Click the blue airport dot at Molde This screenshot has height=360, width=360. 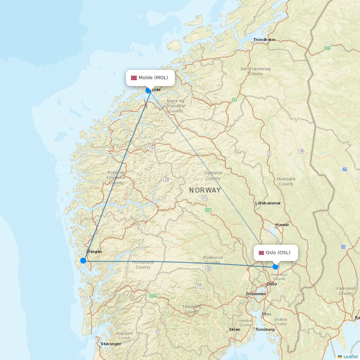click(148, 90)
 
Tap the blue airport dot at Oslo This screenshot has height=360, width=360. click(275, 267)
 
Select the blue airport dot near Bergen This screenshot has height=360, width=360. click(83, 261)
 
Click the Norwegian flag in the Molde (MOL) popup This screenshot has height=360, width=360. click(134, 78)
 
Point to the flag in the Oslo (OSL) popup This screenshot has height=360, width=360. click(261, 253)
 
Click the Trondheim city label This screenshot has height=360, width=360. click(264, 40)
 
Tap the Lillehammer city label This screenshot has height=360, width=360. click(268, 203)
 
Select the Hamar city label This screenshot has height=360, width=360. click(282, 225)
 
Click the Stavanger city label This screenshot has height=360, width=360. click(111, 344)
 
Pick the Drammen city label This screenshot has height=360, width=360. click(256, 294)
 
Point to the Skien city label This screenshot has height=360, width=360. click(235, 329)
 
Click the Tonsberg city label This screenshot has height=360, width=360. click(265, 329)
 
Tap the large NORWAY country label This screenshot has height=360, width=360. click(205, 190)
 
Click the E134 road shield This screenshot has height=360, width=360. click(153, 296)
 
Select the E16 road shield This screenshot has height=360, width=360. click(208, 210)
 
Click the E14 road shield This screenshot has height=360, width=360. click(327, 48)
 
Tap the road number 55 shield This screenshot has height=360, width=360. click(166, 179)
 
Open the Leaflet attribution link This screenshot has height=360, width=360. click(350, 356)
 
